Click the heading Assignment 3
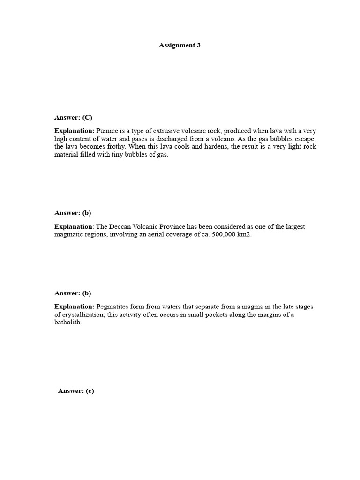pyautogui.click(x=180, y=45)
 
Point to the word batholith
pyautogui.click(x=67, y=323)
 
